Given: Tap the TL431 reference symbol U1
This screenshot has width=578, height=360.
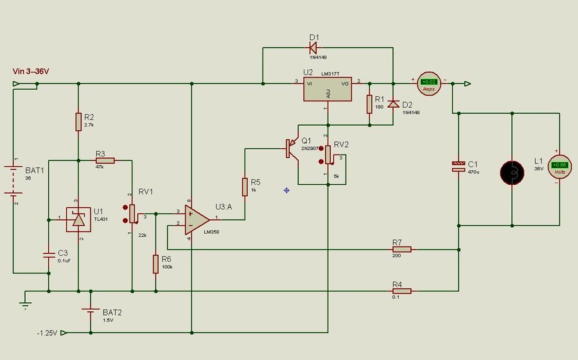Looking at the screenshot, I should coord(78,219).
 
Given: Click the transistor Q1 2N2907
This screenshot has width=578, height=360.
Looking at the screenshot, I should coord(293,149).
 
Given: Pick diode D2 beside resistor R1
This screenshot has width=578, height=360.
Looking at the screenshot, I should coord(393,104).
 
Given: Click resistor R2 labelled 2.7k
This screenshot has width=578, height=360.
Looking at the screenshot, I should coord(78,121).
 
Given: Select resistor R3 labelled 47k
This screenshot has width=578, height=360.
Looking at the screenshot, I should coord(105,162).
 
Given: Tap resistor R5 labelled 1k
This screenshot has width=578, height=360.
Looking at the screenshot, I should coord(245,187).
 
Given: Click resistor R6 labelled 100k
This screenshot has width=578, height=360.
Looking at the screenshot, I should coord(155,263).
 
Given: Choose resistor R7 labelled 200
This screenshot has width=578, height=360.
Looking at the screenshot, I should coord(401,248).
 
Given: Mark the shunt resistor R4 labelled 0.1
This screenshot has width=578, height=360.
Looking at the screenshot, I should coord(401,291).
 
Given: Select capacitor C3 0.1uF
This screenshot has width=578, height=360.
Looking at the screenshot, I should coord(49,255).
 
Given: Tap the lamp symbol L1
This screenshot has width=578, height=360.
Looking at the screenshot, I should coord(512,172).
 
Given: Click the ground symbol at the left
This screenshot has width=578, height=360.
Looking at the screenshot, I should coord(25,303).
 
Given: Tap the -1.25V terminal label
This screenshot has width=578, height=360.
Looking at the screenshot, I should coord(48,333).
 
